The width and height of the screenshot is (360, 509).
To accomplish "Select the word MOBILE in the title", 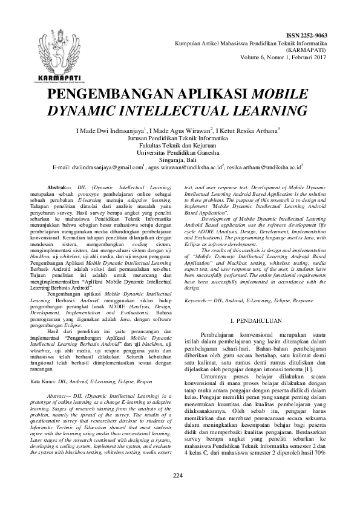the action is (276, 96).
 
